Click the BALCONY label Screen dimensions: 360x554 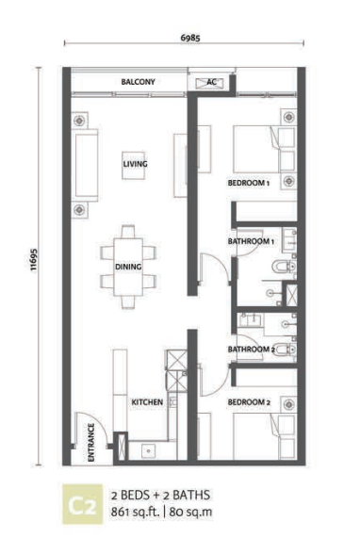(138, 82)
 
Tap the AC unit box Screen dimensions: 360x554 (210, 83)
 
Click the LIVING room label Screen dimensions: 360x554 (136, 164)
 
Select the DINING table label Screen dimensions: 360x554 (128, 267)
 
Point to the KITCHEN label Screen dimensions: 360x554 (147, 402)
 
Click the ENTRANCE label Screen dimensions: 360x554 (91, 443)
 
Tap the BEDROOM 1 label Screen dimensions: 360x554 (249, 183)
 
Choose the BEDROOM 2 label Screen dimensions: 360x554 (249, 402)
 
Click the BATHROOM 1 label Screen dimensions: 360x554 (251, 241)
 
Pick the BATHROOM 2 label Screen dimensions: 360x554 (252, 350)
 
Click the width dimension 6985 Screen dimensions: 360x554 (190, 38)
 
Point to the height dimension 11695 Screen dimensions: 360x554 (33, 260)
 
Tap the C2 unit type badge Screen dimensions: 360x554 (83, 504)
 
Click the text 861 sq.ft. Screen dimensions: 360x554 (136, 512)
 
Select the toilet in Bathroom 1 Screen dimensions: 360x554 (284, 266)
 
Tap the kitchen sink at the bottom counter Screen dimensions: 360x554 (149, 450)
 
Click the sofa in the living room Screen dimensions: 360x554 (85, 166)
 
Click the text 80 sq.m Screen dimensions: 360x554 (190, 512)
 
